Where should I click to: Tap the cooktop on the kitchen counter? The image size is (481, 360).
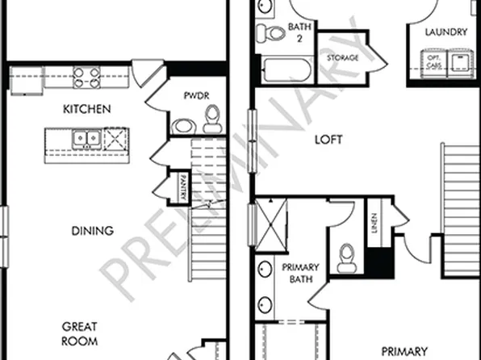(87, 77)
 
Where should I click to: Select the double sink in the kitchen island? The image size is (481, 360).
(85, 139)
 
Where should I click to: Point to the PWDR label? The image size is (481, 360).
(195, 96)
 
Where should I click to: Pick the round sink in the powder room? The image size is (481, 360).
(182, 125)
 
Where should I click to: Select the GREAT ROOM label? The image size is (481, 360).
(80, 333)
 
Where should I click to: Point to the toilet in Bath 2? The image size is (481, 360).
(266, 33)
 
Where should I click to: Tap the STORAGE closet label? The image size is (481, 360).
(341, 59)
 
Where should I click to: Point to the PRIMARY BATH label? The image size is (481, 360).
(300, 274)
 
